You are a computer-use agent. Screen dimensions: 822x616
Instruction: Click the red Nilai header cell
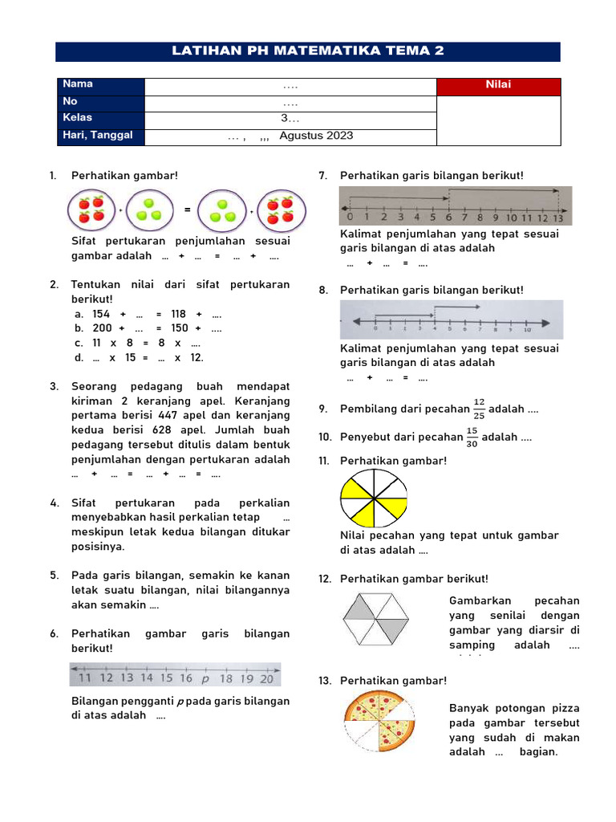click(498, 85)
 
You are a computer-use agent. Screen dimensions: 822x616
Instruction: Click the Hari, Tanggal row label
click(92, 136)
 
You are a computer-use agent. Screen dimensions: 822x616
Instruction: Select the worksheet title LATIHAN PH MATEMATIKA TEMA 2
click(308, 51)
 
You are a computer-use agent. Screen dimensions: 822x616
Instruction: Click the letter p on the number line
click(205, 678)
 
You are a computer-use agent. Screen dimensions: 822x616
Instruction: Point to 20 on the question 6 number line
click(266, 678)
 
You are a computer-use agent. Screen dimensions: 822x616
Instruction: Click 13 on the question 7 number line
click(558, 218)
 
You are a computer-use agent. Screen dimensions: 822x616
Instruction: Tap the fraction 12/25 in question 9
click(479, 409)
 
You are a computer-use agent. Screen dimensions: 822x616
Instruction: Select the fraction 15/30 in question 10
click(472, 437)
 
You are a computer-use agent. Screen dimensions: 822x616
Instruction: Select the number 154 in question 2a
click(101, 314)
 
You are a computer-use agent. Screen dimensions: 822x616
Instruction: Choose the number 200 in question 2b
click(102, 328)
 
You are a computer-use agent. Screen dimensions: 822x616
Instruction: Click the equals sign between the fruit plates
click(187, 210)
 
